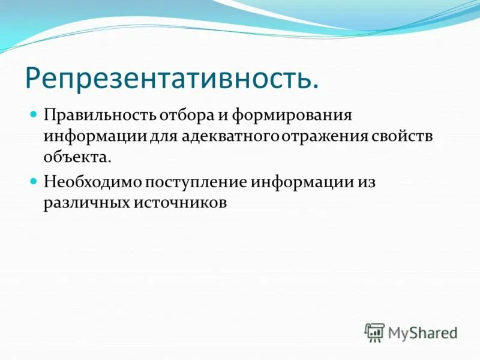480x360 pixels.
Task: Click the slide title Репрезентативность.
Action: click(x=170, y=79)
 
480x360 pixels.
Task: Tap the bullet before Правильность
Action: click(x=34, y=113)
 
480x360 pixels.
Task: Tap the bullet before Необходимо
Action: click(x=34, y=180)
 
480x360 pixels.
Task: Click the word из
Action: click(x=364, y=181)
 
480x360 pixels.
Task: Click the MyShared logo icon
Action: click(x=374, y=332)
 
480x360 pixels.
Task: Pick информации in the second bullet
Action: click(x=299, y=181)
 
